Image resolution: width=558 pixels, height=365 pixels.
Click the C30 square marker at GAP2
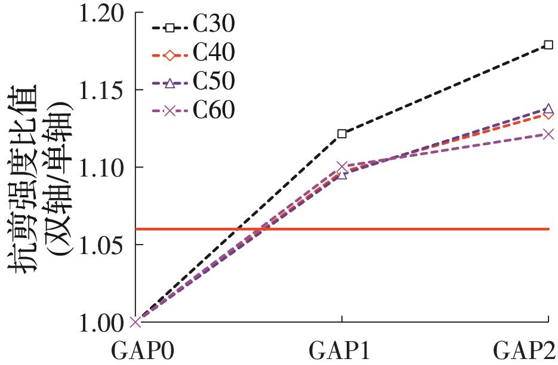[548, 45]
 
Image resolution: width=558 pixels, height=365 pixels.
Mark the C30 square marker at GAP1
[342, 134]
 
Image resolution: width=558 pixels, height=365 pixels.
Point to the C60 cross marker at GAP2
[548, 134]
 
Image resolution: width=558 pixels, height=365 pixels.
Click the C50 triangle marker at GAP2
[548, 109]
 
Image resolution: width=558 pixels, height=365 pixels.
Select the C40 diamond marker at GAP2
[548, 115]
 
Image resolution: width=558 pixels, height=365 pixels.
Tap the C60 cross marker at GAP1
[342, 166]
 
